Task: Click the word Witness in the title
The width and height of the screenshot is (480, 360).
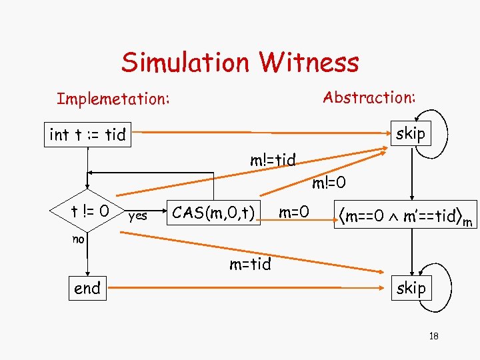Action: click(x=309, y=63)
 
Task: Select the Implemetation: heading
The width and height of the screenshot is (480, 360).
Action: click(x=113, y=99)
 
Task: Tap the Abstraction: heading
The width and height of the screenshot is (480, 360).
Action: click(x=369, y=97)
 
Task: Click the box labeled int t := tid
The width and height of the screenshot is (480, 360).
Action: click(x=88, y=135)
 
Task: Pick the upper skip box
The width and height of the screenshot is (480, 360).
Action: click(x=410, y=133)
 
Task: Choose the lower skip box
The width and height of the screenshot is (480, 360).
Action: click(x=410, y=288)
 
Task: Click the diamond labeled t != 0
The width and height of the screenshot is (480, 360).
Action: click(x=87, y=212)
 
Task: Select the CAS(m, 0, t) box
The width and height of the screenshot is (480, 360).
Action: click(x=213, y=213)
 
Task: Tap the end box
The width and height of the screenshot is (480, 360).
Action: click(x=87, y=289)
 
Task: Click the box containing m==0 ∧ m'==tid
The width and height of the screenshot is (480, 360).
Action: click(x=406, y=215)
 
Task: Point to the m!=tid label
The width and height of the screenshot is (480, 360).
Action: click(x=273, y=160)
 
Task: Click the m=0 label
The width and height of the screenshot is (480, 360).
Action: click(x=293, y=213)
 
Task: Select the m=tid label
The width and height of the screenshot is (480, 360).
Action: click(x=250, y=265)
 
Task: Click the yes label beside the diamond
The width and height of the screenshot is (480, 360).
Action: click(x=138, y=215)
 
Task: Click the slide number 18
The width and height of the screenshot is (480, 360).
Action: click(x=433, y=336)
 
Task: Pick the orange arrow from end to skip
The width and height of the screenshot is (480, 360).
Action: click(x=247, y=289)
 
